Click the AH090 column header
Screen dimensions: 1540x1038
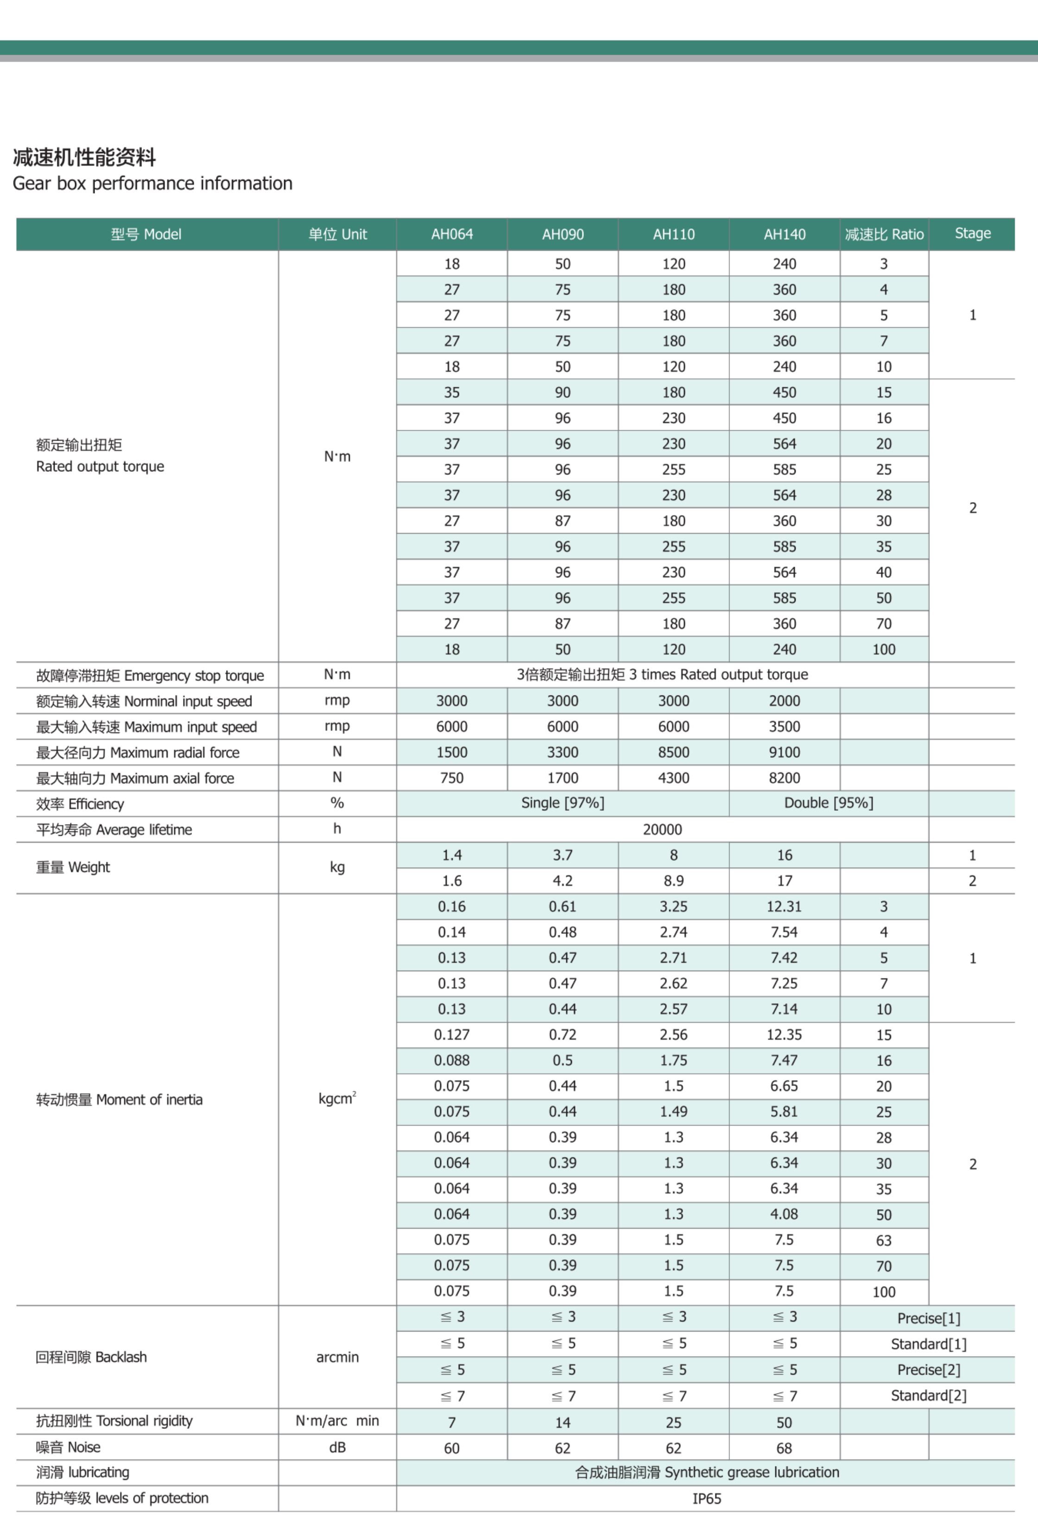(x=563, y=234)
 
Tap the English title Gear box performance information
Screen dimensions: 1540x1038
(x=152, y=183)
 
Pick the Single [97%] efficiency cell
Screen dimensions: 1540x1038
(x=563, y=803)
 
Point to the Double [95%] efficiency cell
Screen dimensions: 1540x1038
(x=828, y=803)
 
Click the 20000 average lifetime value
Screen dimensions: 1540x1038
(x=662, y=829)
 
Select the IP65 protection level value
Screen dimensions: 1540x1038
(x=706, y=1498)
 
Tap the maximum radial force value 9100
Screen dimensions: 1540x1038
(x=785, y=752)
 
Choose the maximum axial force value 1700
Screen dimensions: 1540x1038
(x=563, y=778)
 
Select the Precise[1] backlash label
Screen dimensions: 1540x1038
(x=928, y=1318)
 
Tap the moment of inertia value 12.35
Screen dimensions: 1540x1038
(x=785, y=1035)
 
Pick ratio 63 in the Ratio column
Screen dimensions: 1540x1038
(x=884, y=1240)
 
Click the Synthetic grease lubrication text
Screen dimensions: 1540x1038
(x=706, y=1472)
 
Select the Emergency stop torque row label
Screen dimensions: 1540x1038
(x=150, y=675)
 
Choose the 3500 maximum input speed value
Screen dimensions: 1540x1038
(x=785, y=726)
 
